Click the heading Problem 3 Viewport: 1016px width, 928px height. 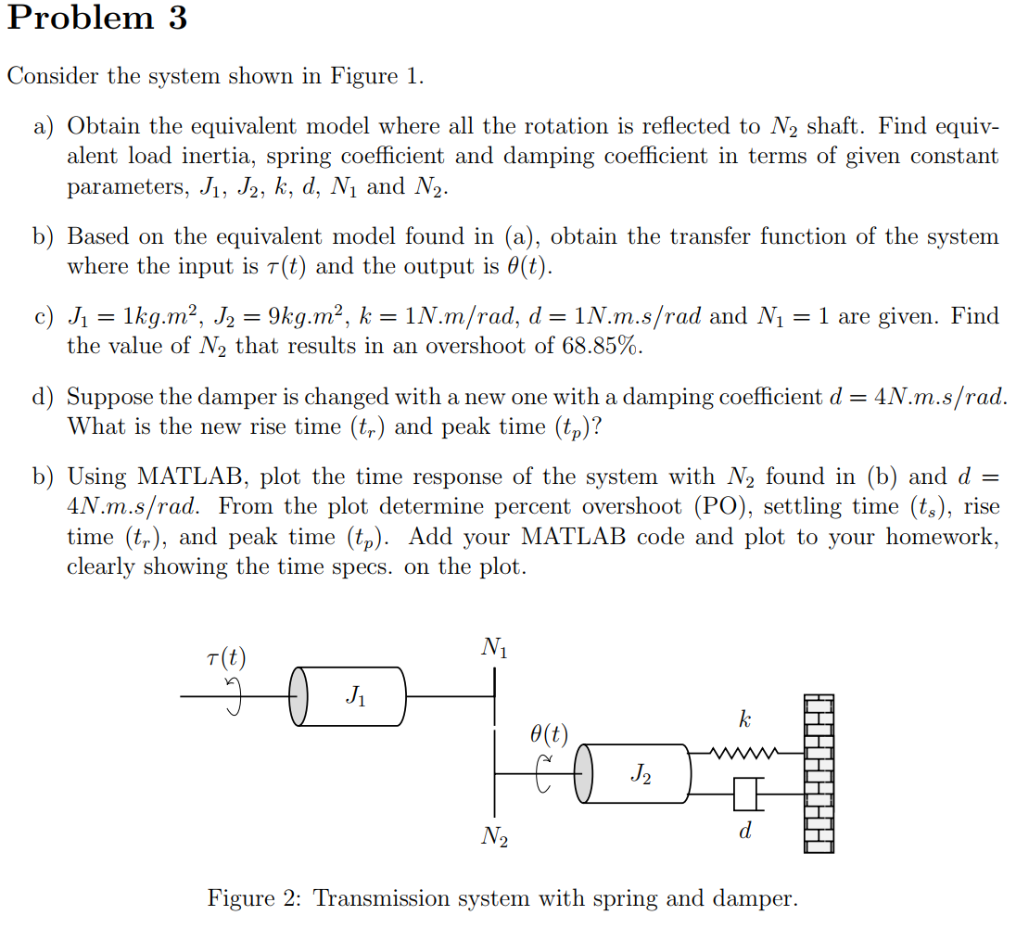coord(97,19)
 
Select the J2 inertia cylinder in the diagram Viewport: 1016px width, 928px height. coord(638,773)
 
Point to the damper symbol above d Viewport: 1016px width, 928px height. coord(745,794)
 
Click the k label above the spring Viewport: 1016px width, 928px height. coord(744,719)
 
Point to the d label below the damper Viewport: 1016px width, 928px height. coord(744,832)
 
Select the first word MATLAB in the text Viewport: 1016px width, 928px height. coord(177,477)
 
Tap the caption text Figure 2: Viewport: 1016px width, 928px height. coord(254,898)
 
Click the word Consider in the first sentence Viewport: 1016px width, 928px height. coord(53,76)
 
